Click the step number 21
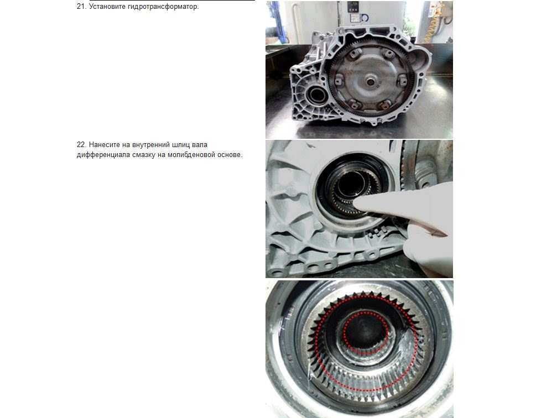[x=81, y=7]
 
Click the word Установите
[x=107, y=7]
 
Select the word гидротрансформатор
[x=163, y=7]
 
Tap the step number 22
[x=81, y=144]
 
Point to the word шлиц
[x=181, y=145]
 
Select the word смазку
[x=143, y=155]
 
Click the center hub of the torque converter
[x=371, y=82]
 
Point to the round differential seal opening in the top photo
[x=316, y=95]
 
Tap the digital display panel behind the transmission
[x=353, y=8]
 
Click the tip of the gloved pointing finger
[x=357, y=202]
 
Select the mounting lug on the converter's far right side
[x=402, y=80]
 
